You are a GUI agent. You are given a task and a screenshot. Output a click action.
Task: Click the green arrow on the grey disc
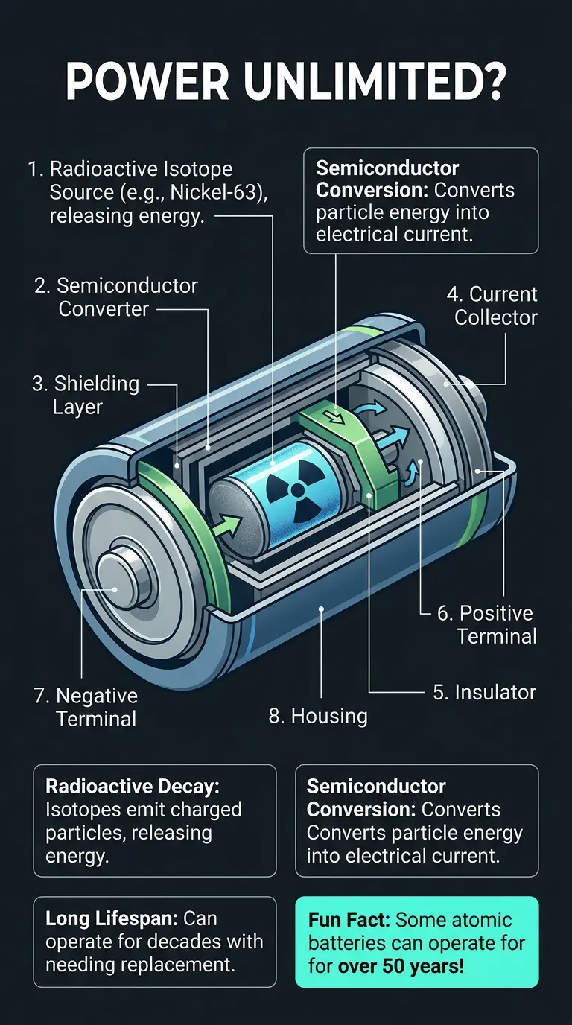point(228,524)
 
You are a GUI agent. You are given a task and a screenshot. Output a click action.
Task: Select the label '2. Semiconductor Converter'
point(116,297)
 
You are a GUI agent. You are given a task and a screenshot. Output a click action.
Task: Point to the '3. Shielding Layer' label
point(86,395)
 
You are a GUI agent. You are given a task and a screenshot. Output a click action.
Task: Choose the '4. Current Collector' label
point(492,305)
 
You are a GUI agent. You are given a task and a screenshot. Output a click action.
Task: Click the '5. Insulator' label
point(484,692)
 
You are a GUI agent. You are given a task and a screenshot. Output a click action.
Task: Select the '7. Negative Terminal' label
point(86,707)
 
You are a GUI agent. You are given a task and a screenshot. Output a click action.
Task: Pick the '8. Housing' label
point(318,716)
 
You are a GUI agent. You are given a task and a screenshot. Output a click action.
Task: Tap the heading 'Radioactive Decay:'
point(133,786)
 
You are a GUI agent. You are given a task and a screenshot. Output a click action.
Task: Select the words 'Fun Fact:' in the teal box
point(349,919)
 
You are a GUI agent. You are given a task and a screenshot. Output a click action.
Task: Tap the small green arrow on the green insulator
point(337,416)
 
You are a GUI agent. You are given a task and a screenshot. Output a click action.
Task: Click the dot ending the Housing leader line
point(321,609)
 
